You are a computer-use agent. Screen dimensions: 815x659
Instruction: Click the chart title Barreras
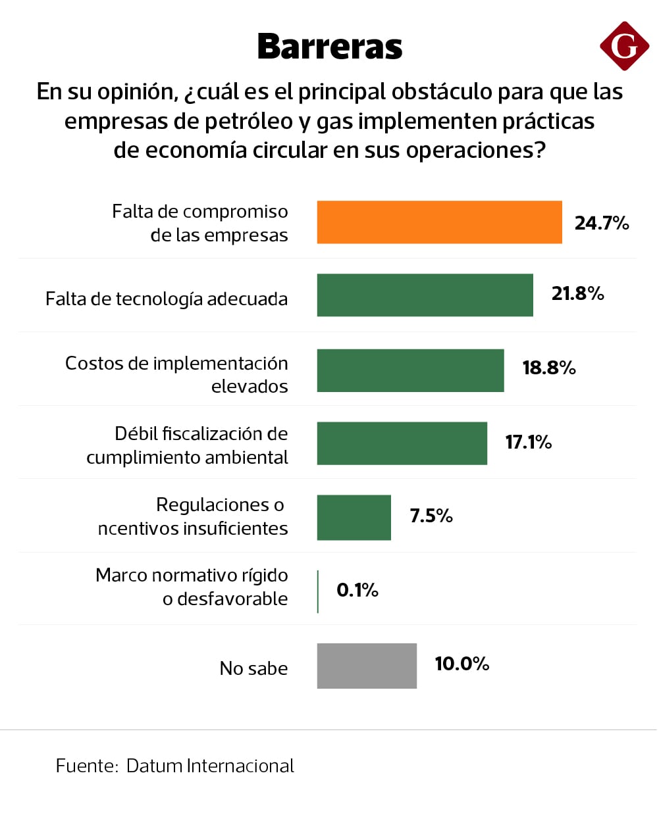point(329,47)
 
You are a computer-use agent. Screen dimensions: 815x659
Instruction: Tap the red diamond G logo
point(624,45)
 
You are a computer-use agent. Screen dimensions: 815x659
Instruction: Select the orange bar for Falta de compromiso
point(439,222)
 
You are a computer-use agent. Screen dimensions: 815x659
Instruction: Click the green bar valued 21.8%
point(425,295)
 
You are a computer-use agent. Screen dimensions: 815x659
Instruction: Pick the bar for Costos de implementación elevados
point(410,370)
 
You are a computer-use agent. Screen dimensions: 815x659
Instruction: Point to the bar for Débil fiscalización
point(402,443)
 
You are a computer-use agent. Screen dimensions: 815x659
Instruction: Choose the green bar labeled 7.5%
point(354,518)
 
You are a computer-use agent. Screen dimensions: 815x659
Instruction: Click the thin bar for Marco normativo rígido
point(318,591)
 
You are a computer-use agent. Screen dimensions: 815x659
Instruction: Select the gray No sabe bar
point(367,666)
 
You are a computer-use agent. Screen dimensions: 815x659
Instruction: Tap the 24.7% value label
point(602,223)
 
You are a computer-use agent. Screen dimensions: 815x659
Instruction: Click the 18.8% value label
point(549,368)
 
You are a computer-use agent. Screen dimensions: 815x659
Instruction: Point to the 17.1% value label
point(528,441)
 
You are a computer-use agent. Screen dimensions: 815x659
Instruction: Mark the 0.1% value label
point(357,590)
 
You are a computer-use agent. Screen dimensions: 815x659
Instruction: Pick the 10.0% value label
point(461,664)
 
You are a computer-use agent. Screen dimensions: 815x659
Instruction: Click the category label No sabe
point(253,668)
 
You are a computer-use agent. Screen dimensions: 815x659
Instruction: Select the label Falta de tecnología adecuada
point(167,299)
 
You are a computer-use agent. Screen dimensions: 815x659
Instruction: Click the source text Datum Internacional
point(210,766)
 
